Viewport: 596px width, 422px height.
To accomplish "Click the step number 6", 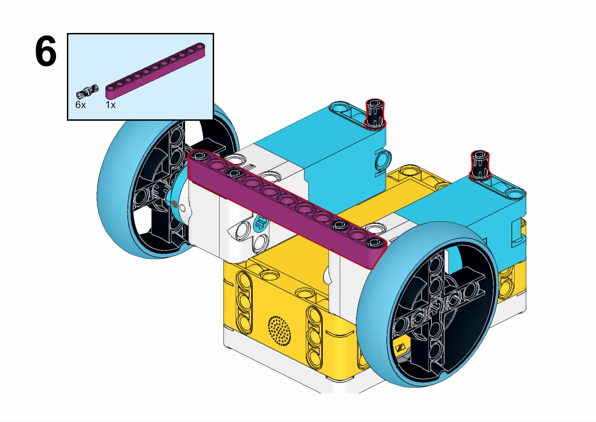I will click(46, 52).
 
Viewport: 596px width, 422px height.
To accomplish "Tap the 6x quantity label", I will click(80, 105).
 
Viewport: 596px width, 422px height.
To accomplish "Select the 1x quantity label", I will click(110, 105).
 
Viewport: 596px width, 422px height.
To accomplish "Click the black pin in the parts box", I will click(87, 91).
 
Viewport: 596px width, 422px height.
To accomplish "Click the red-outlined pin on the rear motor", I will click(375, 114).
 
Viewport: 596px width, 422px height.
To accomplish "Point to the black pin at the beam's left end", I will click(199, 155).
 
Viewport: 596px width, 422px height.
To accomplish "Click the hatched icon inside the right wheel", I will click(400, 348).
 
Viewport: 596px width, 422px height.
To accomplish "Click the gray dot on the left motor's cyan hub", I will click(174, 204).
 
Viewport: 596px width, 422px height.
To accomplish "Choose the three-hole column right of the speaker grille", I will click(314, 334).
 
